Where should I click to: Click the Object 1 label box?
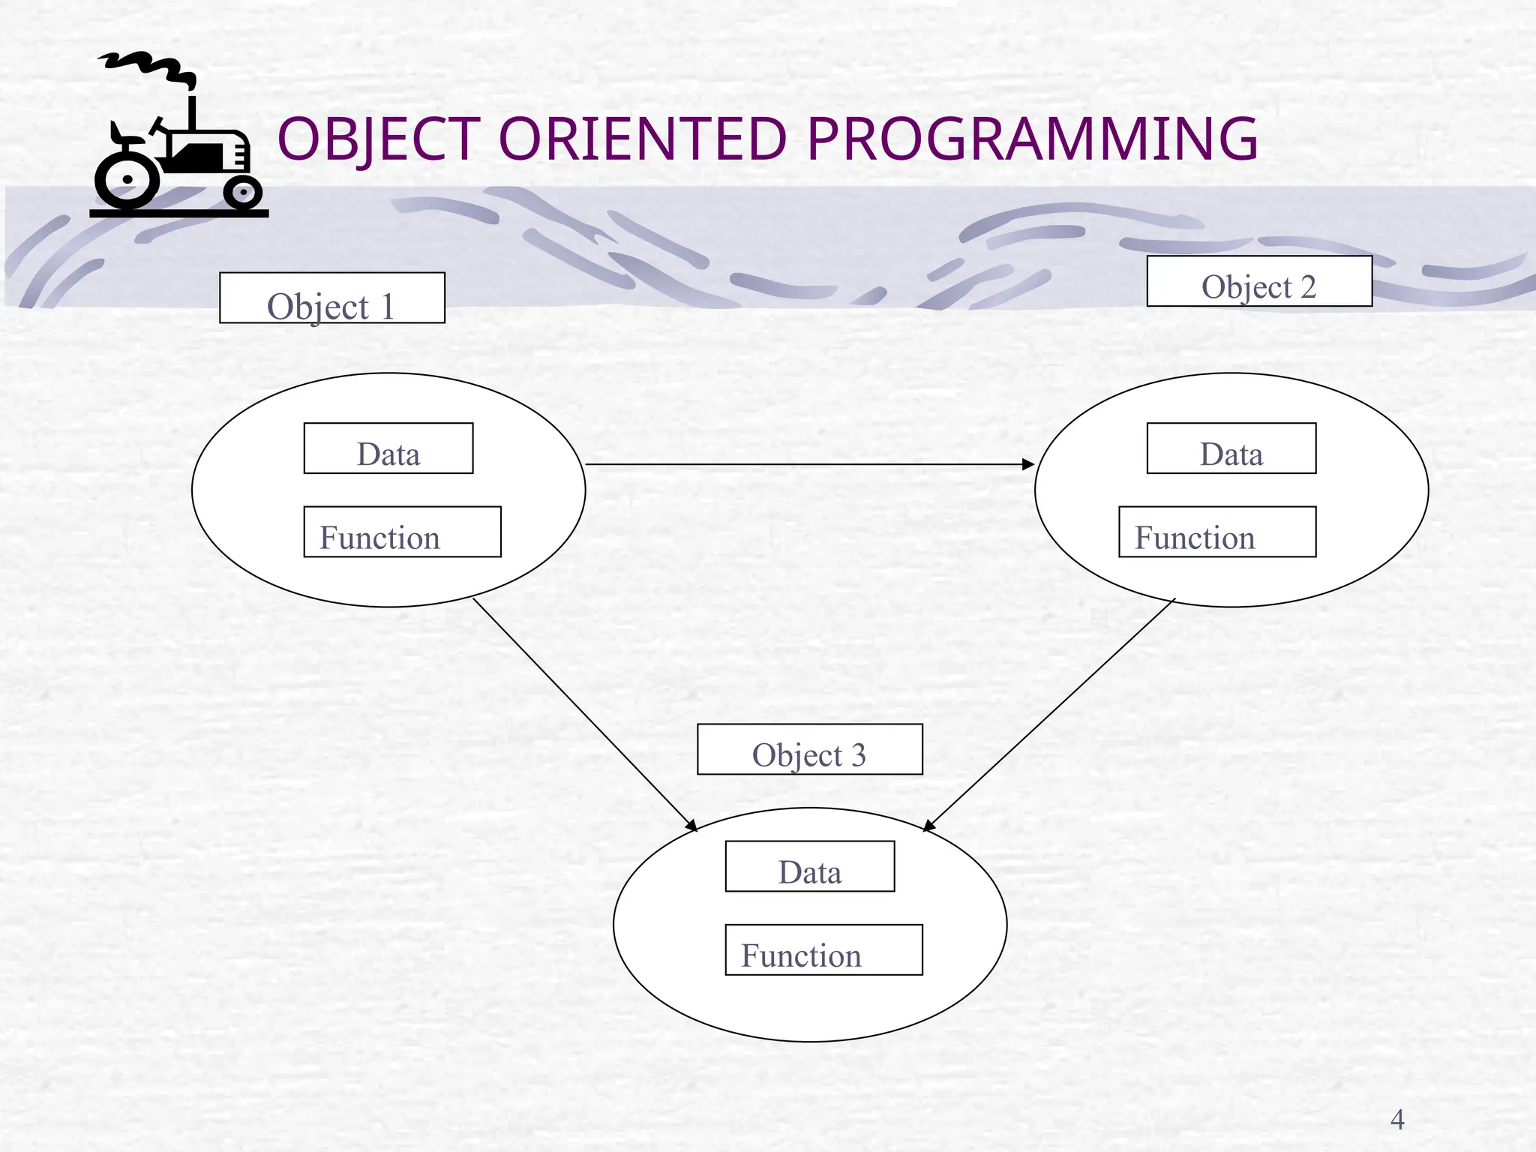331,298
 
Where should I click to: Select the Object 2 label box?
1258,281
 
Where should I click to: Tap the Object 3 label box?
809,749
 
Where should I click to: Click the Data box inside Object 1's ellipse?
388,448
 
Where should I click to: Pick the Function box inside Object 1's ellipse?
402,532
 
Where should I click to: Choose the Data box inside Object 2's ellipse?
1231,448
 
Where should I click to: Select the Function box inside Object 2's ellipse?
1216,532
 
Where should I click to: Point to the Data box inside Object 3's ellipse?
809,866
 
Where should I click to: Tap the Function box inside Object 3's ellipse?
823,949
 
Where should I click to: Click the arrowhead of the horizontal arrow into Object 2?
1029,465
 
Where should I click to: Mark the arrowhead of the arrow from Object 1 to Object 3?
692,826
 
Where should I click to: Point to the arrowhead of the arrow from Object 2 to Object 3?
928,826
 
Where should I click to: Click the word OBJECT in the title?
379,139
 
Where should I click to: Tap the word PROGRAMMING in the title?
1032,139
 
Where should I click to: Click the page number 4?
1396,1120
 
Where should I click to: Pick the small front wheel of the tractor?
242,193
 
